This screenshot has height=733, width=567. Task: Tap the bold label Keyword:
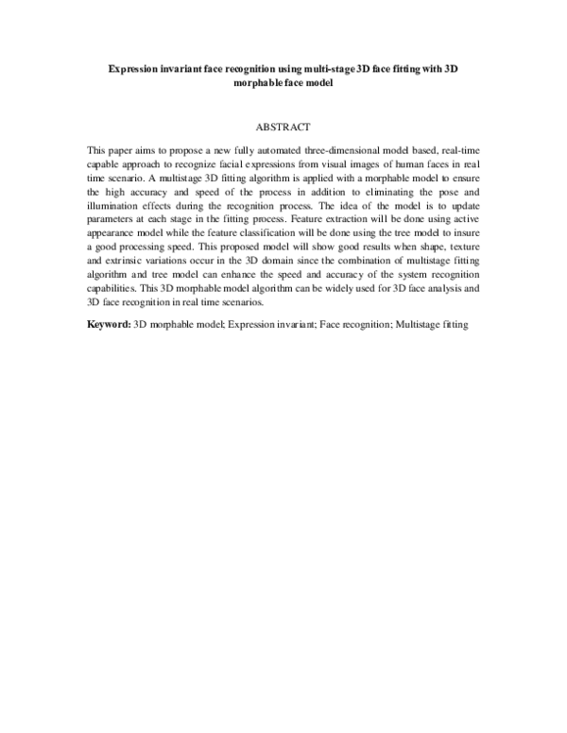coord(109,324)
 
